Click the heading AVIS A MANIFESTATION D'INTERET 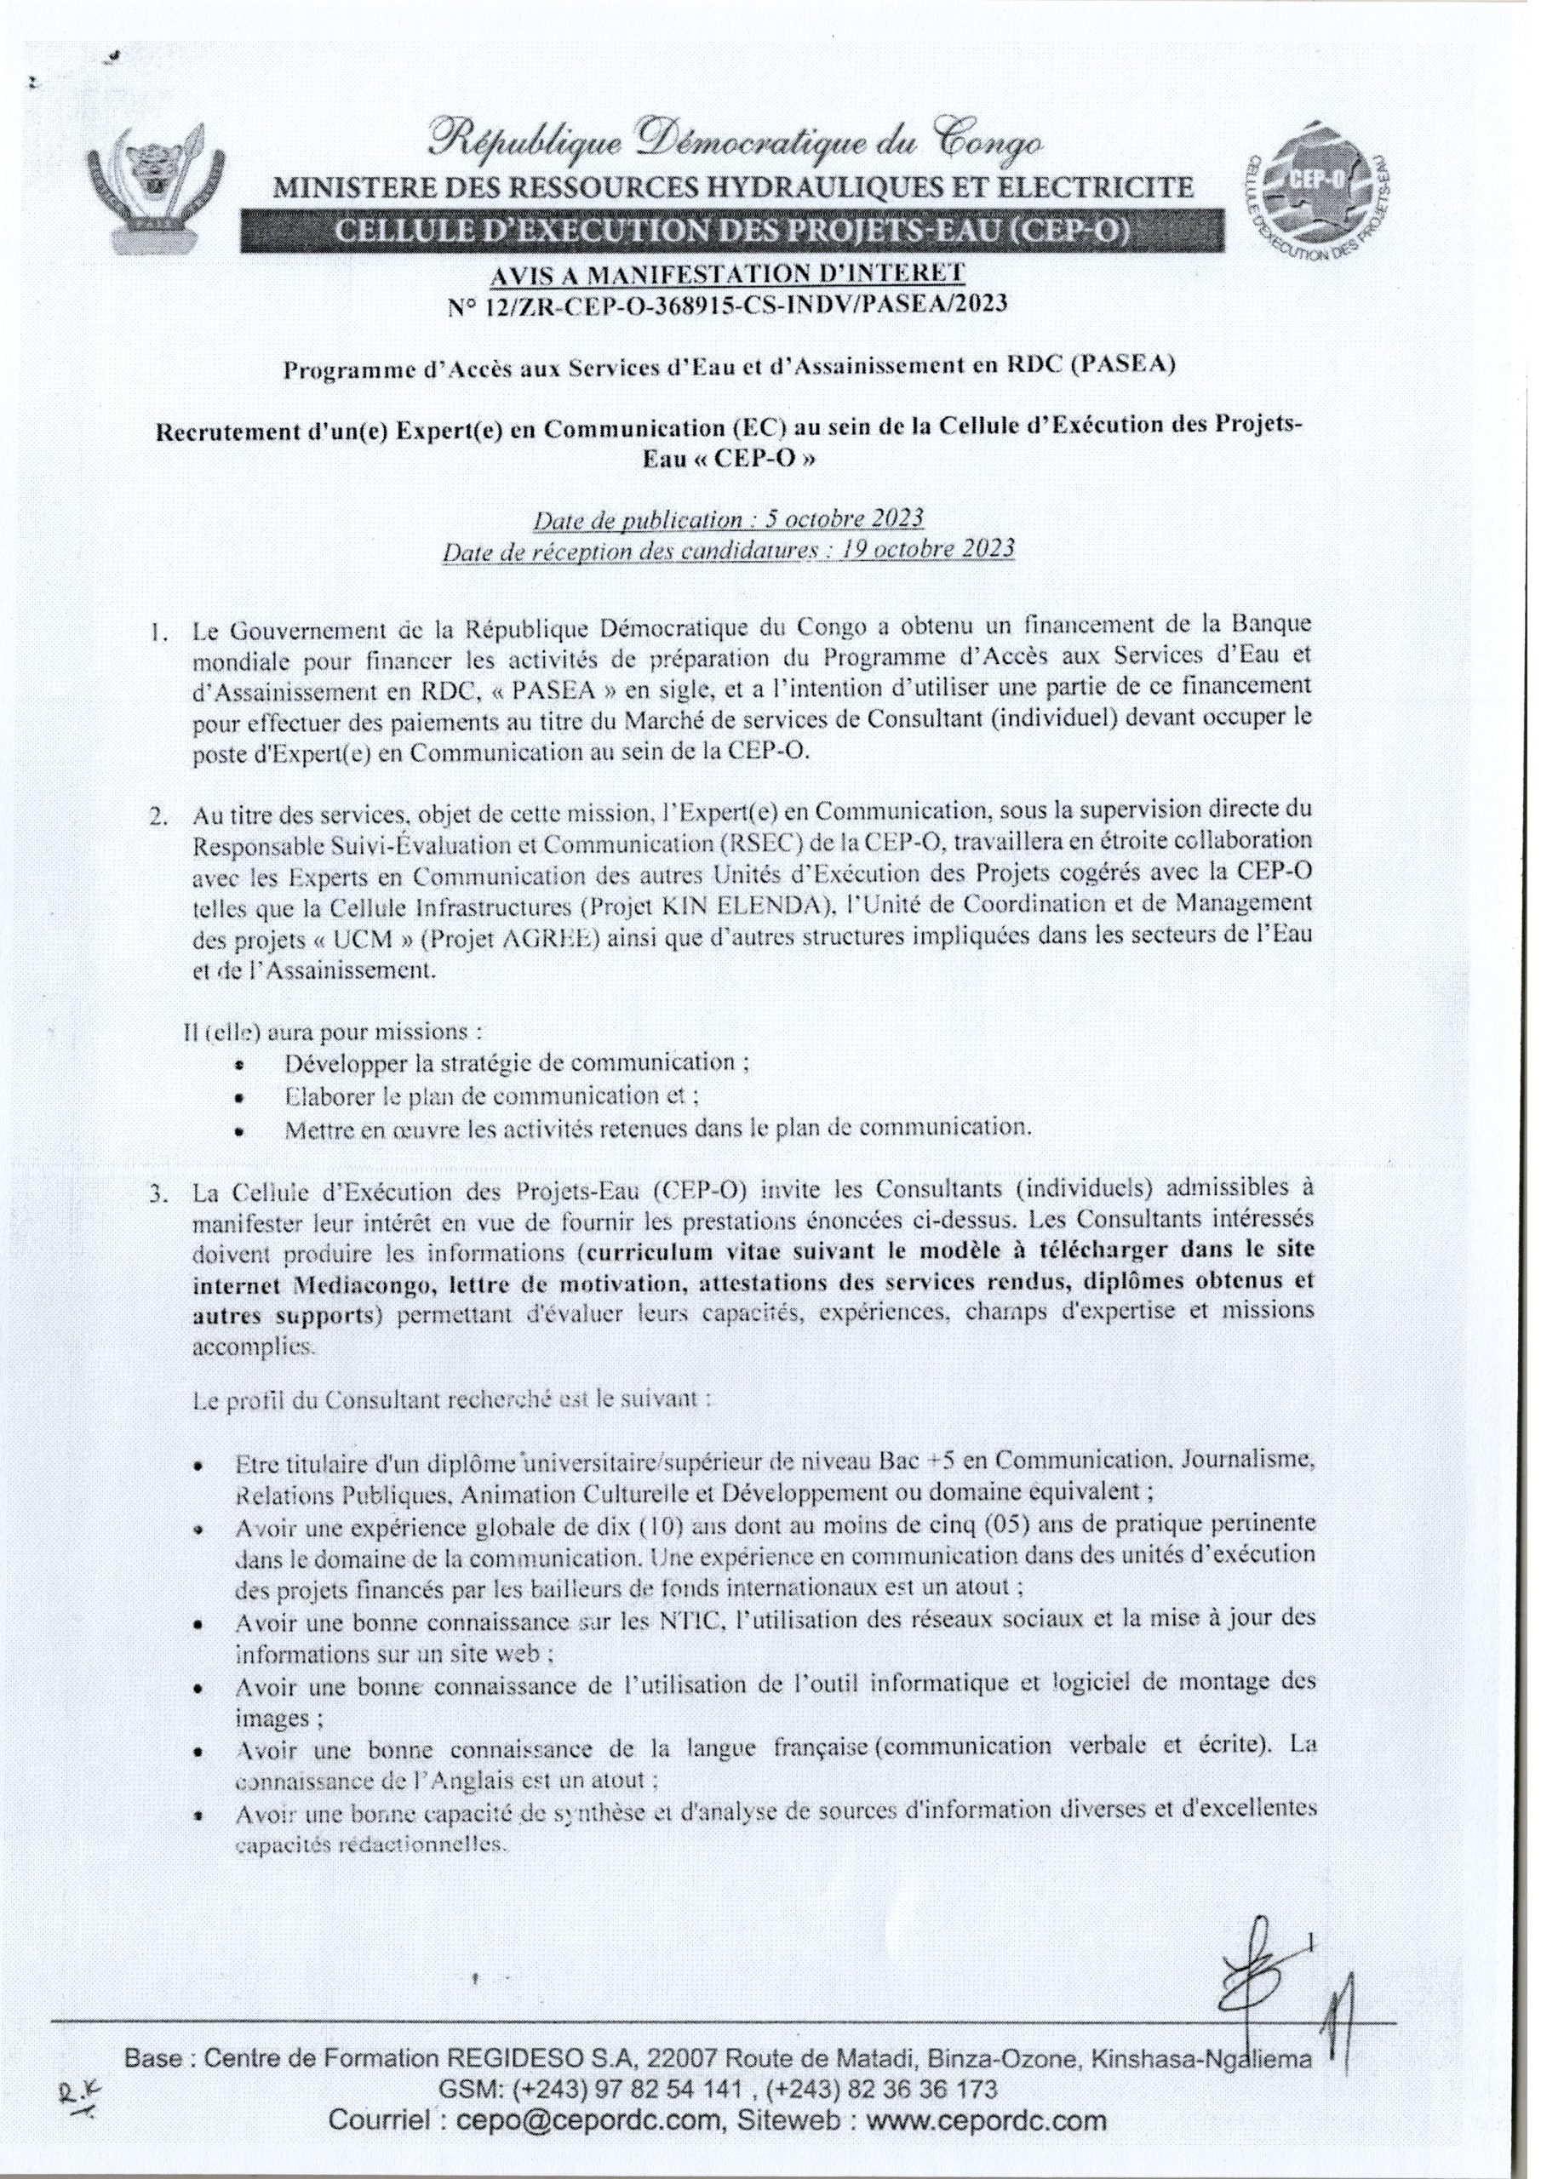point(727,274)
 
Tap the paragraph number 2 point(156,817)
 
